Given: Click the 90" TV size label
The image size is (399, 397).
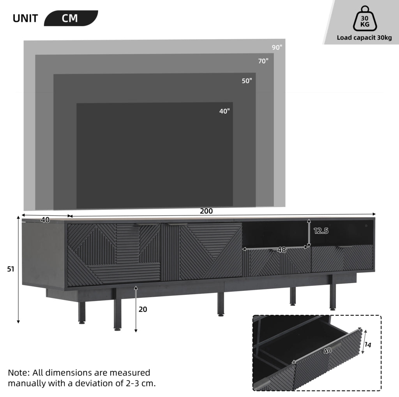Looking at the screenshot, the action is pyautogui.click(x=277, y=47).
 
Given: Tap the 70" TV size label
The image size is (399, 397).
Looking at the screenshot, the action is pyautogui.click(x=263, y=61).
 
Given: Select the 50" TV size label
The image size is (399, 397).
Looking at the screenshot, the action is pyautogui.click(x=247, y=81).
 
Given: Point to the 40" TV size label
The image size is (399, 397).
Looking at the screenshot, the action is pyautogui.click(x=224, y=111).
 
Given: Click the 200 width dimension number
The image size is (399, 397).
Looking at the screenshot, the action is pyautogui.click(x=206, y=211).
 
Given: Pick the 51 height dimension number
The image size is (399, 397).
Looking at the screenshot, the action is pyautogui.click(x=11, y=269).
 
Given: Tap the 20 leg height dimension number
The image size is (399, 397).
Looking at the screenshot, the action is pyautogui.click(x=143, y=310).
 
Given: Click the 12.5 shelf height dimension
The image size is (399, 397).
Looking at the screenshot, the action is pyautogui.click(x=321, y=231).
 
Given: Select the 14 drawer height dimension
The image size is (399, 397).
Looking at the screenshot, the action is pyautogui.click(x=368, y=345).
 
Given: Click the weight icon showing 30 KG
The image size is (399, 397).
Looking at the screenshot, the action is pyautogui.click(x=365, y=19).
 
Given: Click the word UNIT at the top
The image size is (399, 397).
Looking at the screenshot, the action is pyautogui.click(x=25, y=19).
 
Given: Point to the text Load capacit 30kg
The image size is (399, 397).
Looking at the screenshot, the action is pyautogui.click(x=364, y=38).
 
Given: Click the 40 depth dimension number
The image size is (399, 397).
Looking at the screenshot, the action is pyautogui.click(x=45, y=220).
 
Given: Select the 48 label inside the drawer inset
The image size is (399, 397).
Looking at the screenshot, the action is pyautogui.click(x=327, y=350).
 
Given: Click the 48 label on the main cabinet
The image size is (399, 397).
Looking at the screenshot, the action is pyautogui.click(x=281, y=250).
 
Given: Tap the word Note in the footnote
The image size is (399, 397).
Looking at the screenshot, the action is pyautogui.click(x=19, y=373).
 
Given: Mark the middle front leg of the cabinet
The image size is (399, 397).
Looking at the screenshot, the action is pyautogui.click(x=221, y=304).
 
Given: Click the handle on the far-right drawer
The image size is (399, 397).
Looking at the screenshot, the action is pyautogui.click(x=345, y=247).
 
